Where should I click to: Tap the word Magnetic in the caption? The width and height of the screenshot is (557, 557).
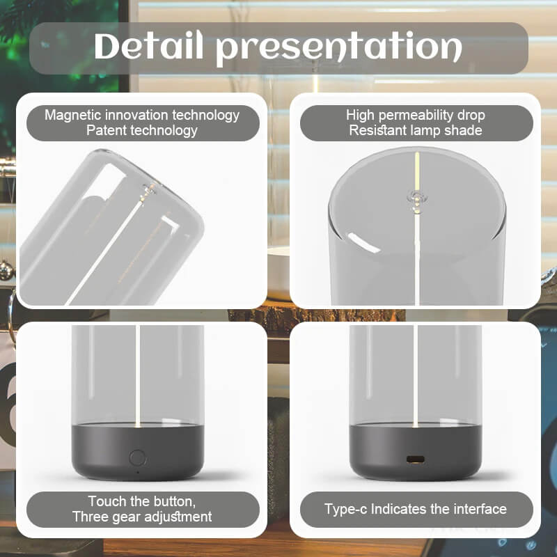click(x=73, y=115)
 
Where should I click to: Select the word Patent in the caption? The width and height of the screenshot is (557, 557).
click(x=106, y=130)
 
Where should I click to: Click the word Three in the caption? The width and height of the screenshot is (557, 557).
click(x=91, y=517)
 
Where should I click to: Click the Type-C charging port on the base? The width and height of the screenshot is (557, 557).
click(x=416, y=460)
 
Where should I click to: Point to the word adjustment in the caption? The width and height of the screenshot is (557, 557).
click(x=178, y=517)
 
